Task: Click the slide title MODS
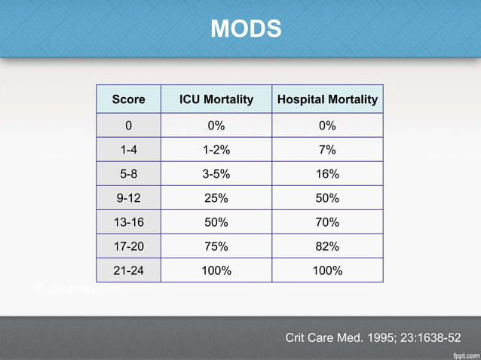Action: click(x=246, y=29)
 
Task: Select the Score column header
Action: click(x=128, y=99)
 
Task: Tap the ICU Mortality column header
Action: click(x=216, y=99)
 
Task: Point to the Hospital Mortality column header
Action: click(x=327, y=99)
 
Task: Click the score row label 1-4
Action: click(x=128, y=150)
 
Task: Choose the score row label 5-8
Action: click(x=128, y=174)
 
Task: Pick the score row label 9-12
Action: click(x=128, y=198)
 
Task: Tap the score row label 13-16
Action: click(x=128, y=222)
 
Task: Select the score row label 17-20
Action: click(x=128, y=246)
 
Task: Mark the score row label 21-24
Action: click(x=128, y=270)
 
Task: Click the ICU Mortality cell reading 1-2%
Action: click(x=216, y=150)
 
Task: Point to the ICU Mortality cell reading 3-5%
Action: click(x=216, y=174)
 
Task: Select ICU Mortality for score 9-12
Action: click(x=216, y=198)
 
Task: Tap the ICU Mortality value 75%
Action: click(x=216, y=246)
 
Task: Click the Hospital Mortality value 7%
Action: click(x=327, y=150)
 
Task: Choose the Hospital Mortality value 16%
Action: click(x=327, y=174)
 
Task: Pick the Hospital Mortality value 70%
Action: click(x=327, y=222)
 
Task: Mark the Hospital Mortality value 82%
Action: click(x=327, y=246)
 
